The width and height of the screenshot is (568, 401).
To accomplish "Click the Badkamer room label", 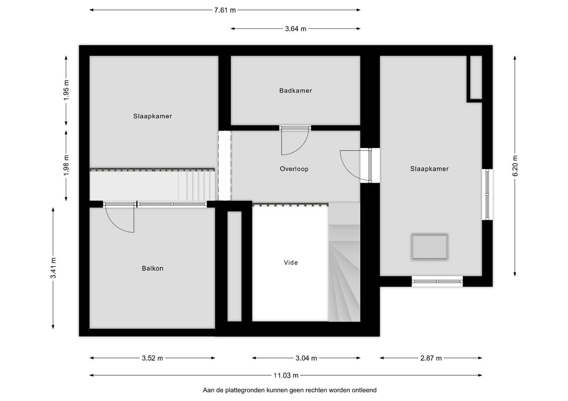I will point(296,90).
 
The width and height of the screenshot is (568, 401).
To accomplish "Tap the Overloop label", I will point(294,169).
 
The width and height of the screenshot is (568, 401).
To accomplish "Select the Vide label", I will point(291,262).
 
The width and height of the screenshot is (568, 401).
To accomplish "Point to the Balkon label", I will point(153,269).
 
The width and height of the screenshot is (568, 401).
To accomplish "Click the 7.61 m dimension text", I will point(225,9).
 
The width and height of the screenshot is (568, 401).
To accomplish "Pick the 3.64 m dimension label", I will point(296,29).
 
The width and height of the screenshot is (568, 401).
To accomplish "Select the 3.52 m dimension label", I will point(152,358).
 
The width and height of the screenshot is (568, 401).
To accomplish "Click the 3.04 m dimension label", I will point(306,358).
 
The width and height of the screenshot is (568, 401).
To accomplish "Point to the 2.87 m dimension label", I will point(431,358).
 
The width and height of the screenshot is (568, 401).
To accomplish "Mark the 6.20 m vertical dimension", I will point(515,166).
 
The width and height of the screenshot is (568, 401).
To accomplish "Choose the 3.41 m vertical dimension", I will point(54,268).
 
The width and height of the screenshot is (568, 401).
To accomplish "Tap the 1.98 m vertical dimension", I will point(66,166).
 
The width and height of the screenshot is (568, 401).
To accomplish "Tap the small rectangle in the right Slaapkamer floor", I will point(430,246).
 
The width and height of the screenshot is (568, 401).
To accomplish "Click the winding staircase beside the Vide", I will point(344,273).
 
